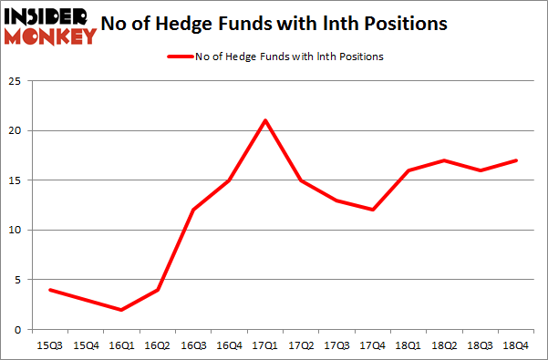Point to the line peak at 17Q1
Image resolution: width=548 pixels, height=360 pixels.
click(x=264, y=120)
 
